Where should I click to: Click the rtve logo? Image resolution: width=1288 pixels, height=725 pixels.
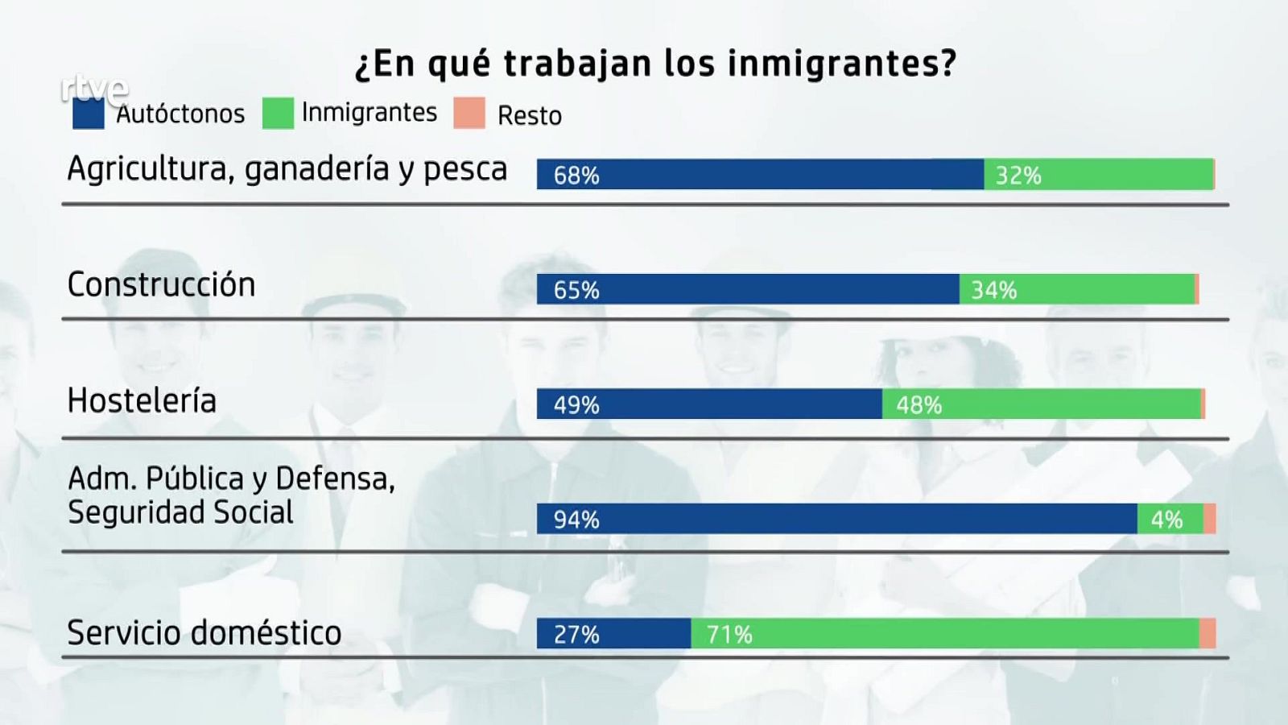pos(94,88)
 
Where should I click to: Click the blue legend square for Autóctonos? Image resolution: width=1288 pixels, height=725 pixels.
pos(88,114)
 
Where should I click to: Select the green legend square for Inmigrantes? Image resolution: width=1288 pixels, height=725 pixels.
pos(278,114)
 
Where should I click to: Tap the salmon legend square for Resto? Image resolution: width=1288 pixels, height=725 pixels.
pos(469,114)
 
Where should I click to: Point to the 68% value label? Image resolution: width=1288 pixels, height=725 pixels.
pos(576,175)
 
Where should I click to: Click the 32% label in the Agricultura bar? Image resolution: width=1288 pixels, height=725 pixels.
pos(1018,175)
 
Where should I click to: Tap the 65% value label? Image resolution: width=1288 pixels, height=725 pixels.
pos(576,290)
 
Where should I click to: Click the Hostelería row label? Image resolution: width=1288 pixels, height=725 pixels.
pos(142,400)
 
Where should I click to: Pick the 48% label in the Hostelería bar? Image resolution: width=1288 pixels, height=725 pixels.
pos(919,404)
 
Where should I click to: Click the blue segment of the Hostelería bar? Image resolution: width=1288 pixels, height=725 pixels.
pos(724,404)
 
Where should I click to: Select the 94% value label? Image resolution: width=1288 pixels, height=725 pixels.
pos(576,520)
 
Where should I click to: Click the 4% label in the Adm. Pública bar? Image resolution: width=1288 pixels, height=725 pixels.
pos(1166,520)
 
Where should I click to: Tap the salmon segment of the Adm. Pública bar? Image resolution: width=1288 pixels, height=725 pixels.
pos(1209,520)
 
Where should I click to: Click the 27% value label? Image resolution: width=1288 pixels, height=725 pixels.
pos(576,635)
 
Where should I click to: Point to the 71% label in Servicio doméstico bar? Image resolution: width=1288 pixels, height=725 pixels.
pos(729,635)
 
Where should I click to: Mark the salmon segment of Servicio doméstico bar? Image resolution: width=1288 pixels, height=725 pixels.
pos(1207,634)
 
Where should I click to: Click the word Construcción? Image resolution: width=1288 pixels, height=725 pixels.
pos(161,284)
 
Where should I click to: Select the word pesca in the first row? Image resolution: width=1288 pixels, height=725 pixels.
pos(465,169)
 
